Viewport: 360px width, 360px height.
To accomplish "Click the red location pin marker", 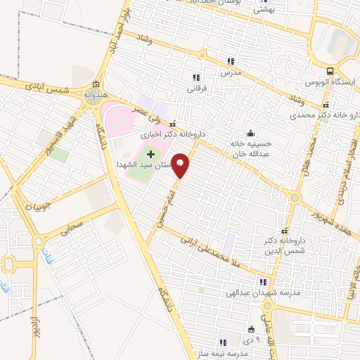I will pos(181,165).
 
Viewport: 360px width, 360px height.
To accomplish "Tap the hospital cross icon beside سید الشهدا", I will pos(150,153).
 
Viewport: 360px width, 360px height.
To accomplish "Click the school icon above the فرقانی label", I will pos(196,77).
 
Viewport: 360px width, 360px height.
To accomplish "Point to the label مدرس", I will pos(231,73).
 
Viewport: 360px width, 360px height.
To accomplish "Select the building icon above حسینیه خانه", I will pos(250,134).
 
